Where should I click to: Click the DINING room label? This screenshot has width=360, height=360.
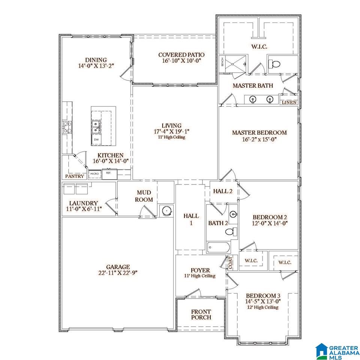[x=96, y=60]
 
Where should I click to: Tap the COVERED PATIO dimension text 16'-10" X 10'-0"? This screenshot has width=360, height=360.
[x=181, y=61]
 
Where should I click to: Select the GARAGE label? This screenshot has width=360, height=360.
[x=118, y=267]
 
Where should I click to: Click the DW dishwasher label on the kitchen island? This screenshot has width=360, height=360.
[x=96, y=139]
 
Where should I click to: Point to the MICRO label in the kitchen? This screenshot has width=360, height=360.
[x=94, y=174]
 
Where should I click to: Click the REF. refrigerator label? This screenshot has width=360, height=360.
[x=108, y=173]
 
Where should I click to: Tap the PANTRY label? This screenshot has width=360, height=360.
[x=75, y=176]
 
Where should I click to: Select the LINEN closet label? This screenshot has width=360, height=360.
[x=289, y=103]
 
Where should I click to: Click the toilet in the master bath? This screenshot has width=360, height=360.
[x=274, y=64]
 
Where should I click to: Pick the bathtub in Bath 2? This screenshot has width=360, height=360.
[x=218, y=247]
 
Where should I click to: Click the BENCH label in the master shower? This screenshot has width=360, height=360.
[x=222, y=62]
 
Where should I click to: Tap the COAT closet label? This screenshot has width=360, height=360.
[x=230, y=263]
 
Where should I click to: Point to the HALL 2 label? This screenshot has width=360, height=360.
[x=223, y=191]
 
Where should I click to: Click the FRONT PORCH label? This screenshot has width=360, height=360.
[x=201, y=315]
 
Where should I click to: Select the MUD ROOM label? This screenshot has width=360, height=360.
[x=144, y=196]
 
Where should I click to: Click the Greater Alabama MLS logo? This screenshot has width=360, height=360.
[x=337, y=351]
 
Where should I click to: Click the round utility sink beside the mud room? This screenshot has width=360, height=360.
[x=166, y=210]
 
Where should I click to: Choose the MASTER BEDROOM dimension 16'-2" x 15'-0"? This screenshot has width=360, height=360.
[x=259, y=139]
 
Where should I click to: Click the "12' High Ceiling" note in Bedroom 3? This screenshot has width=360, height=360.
[x=263, y=307]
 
